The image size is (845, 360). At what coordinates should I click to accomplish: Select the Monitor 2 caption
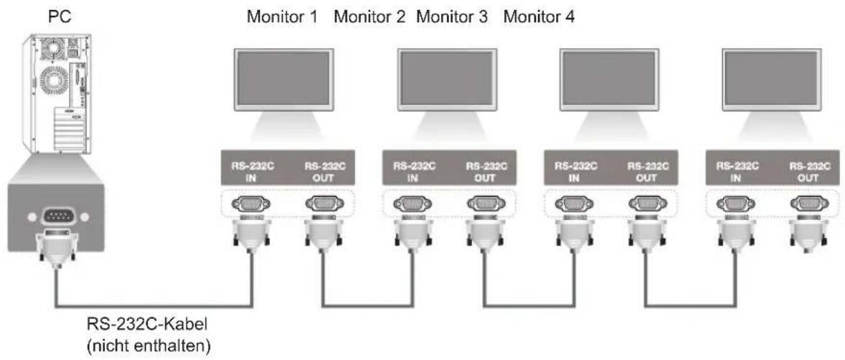(x=370, y=18)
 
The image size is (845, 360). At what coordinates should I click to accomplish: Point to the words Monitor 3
(x=452, y=18)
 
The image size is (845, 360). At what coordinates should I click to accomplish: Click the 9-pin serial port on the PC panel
(x=56, y=216)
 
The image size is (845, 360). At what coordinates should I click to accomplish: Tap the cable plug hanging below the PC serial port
(x=56, y=246)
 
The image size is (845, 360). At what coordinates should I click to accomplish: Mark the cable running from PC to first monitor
(x=154, y=307)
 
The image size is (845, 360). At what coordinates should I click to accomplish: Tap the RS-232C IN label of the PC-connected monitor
(x=253, y=172)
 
